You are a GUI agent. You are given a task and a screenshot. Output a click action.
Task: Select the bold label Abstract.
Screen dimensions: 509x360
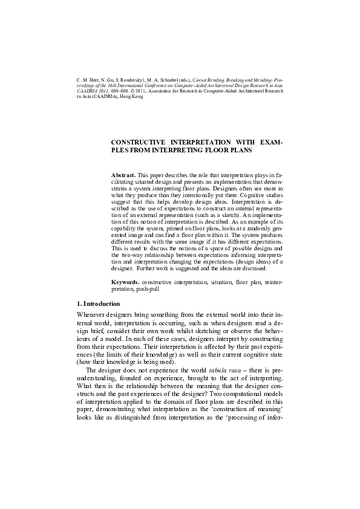[124, 174]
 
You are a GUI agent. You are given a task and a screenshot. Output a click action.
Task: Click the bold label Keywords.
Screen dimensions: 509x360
[126, 282]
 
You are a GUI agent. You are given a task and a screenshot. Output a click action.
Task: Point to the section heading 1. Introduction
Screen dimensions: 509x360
[99, 303]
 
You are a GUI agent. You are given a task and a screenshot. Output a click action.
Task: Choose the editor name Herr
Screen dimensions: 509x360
[94, 79]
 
